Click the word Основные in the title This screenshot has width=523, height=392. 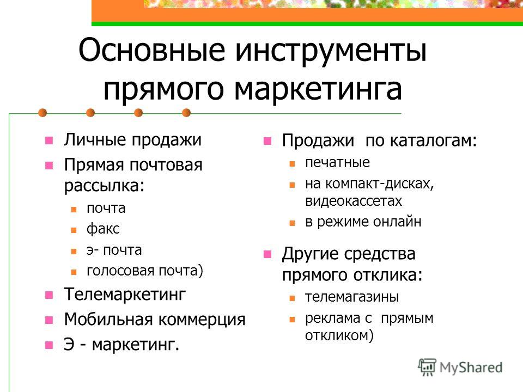click(152, 50)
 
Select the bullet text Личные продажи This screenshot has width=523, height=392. click(133, 140)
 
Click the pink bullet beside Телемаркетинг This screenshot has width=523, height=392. click(49, 295)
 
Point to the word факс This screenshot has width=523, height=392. click(103, 229)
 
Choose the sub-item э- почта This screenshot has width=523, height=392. click(114, 250)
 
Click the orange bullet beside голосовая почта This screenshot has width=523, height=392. click(74, 272)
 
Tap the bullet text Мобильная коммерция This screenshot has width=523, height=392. click(155, 320)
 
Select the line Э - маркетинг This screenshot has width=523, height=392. click(121, 344)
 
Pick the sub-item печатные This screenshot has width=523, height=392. click(337, 162)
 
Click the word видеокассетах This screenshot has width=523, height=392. click(354, 201)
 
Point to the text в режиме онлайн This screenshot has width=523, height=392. click(363, 222)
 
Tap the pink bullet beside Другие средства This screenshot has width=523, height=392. click(267, 254)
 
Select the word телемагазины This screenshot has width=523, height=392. click(352, 297)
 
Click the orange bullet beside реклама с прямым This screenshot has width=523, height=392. click(292, 320)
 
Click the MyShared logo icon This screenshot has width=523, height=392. click(427, 367)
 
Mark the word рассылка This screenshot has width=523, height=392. click(104, 185)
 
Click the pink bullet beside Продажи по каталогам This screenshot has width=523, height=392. click(267, 141)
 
